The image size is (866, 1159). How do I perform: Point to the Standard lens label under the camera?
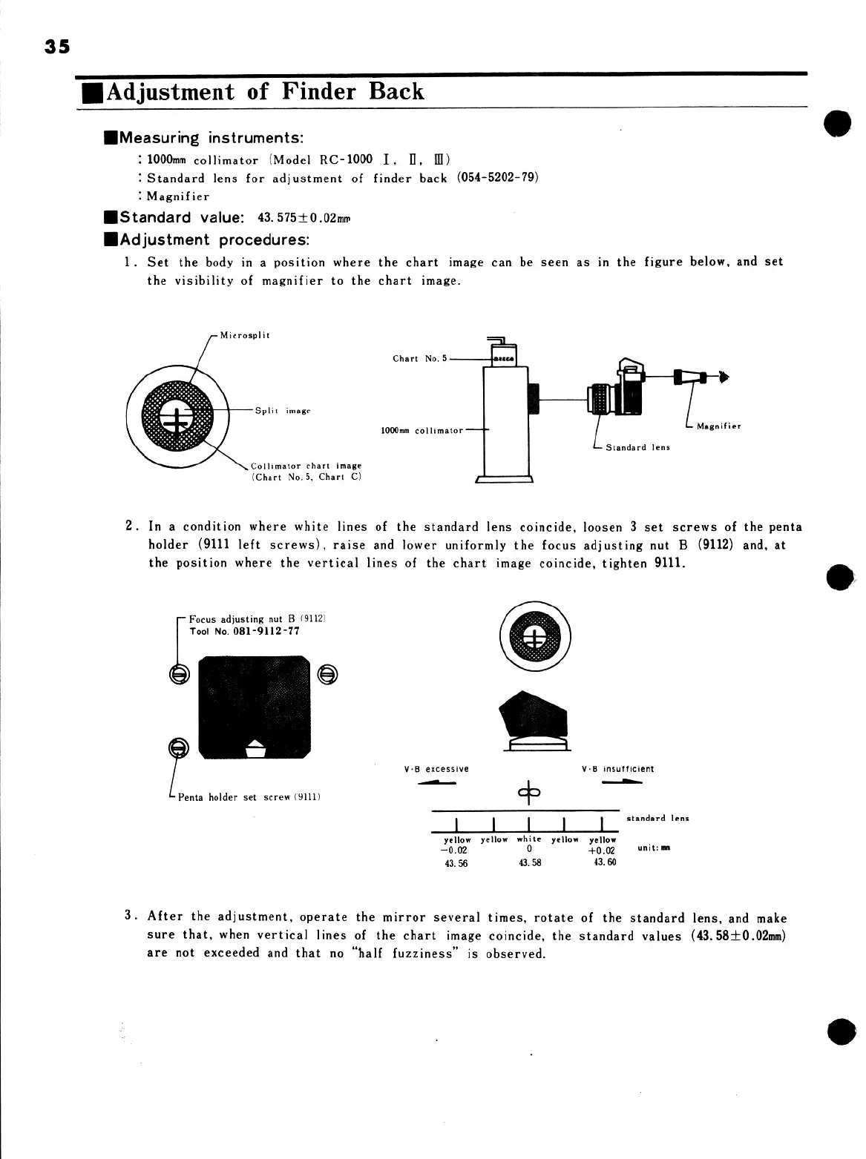click(637, 447)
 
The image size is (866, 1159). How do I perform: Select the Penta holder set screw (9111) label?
click(249, 797)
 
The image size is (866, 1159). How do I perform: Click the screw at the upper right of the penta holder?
click(328, 674)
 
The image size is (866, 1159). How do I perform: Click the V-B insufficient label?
click(618, 769)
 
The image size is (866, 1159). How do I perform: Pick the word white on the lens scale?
click(529, 839)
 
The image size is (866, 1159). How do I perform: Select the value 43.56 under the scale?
click(456, 863)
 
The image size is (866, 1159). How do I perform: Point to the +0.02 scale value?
click(602, 851)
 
